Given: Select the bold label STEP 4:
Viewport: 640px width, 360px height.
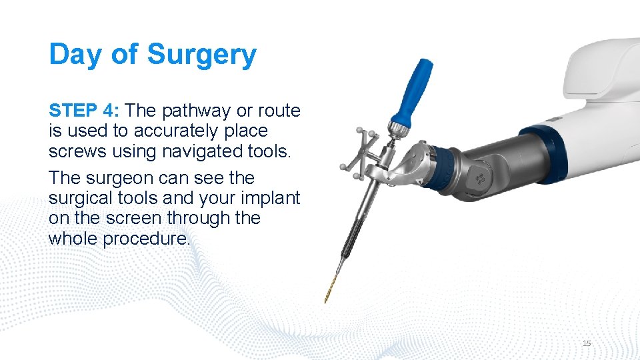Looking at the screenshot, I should click(83, 110).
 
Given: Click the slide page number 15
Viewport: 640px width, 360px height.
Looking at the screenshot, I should click(587, 343).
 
